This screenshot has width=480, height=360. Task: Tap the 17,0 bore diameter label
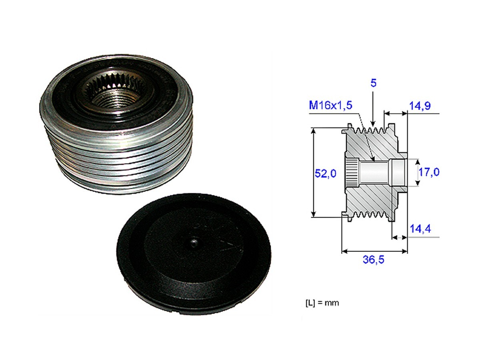click(x=429, y=172)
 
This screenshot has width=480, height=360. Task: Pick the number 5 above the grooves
click(x=373, y=83)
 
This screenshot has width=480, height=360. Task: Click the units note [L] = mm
click(x=319, y=303)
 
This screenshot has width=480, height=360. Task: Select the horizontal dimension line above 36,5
click(x=374, y=251)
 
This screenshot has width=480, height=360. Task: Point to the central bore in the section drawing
click(x=374, y=173)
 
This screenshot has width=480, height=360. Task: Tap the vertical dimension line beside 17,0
click(x=417, y=172)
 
